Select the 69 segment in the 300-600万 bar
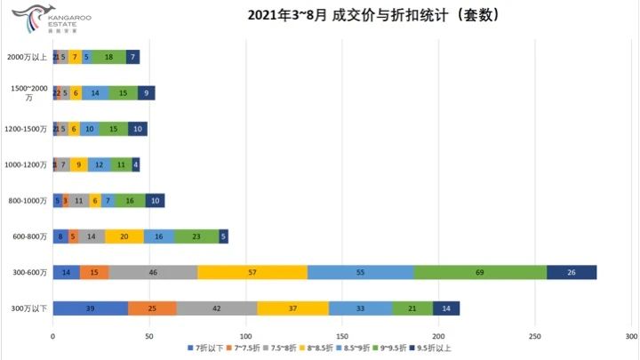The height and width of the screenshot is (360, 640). (x=480, y=272)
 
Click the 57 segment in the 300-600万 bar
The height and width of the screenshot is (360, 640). (x=252, y=272)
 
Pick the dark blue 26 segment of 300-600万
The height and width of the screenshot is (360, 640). (x=572, y=272)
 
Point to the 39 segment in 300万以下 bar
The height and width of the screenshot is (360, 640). (x=91, y=308)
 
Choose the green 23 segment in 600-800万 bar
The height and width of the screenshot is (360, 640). (x=196, y=236)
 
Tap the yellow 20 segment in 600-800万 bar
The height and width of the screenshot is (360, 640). (x=124, y=236)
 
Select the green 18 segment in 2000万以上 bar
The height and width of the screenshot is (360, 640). (x=108, y=58)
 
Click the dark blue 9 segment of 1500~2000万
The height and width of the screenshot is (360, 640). (x=146, y=93)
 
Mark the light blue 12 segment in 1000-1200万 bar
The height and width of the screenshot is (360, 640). (x=98, y=164)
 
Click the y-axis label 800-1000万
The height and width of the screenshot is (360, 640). (x=26, y=201)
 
